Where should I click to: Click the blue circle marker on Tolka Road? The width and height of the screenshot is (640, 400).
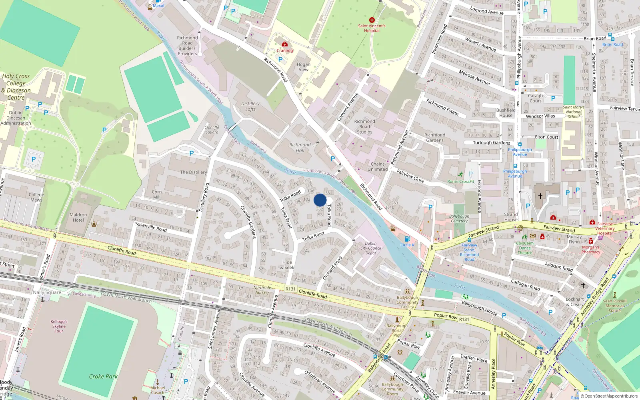click(x=320, y=200)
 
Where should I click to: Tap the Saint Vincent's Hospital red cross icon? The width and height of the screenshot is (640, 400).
click(x=372, y=20)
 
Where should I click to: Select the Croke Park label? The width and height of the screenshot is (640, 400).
click(x=103, y=376)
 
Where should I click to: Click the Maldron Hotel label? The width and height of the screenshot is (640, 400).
click(x=78, y=218)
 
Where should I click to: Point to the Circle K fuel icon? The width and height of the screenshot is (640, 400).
click(x=407, y=239)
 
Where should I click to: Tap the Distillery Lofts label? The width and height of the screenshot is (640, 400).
click(x=250, y=106)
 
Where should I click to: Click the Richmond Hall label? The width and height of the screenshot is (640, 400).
click(x=300, y=148)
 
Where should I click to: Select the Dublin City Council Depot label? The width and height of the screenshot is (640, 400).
click(x=371, y=248)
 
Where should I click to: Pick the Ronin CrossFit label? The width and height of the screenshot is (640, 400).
click(x=460, y=182)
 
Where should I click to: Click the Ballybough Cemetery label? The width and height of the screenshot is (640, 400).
click(x=459, y=218)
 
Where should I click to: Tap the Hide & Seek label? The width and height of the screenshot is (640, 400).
click(x=287, y=265)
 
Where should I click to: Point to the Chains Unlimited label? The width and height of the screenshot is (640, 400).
click(x=378, y=166)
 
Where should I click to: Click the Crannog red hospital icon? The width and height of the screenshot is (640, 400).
click(x=285, y=44)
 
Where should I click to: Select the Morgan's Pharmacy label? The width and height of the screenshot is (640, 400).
click(x=591, y=250)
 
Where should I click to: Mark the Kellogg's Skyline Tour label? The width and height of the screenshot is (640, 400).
click(x=59, y=326)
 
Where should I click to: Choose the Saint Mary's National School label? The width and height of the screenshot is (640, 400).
click(x=574, y=112)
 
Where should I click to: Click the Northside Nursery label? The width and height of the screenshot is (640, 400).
click(x=262, y=290)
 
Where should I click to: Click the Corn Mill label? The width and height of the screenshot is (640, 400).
click(x=157, y=194)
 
